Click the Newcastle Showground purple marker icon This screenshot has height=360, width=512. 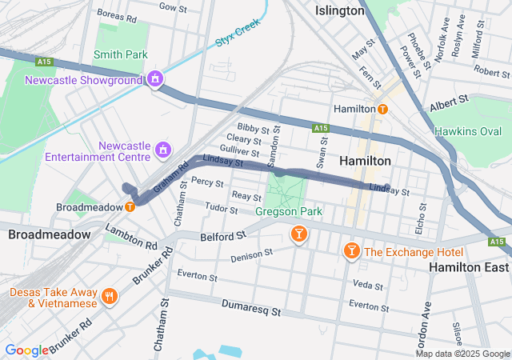(155, 80)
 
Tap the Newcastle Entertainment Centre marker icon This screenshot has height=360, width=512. (163, 149)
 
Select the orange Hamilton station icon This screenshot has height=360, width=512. (383, 109)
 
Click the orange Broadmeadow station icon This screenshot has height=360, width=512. (130, 206)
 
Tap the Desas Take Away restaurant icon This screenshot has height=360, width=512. (110, 298)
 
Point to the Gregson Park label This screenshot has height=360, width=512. (289, 212)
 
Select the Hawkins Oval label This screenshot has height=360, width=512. (467, 131)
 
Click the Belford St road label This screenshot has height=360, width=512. (222, 237)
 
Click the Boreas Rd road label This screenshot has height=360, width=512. (117, 13)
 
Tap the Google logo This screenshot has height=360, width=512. (26, 350)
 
